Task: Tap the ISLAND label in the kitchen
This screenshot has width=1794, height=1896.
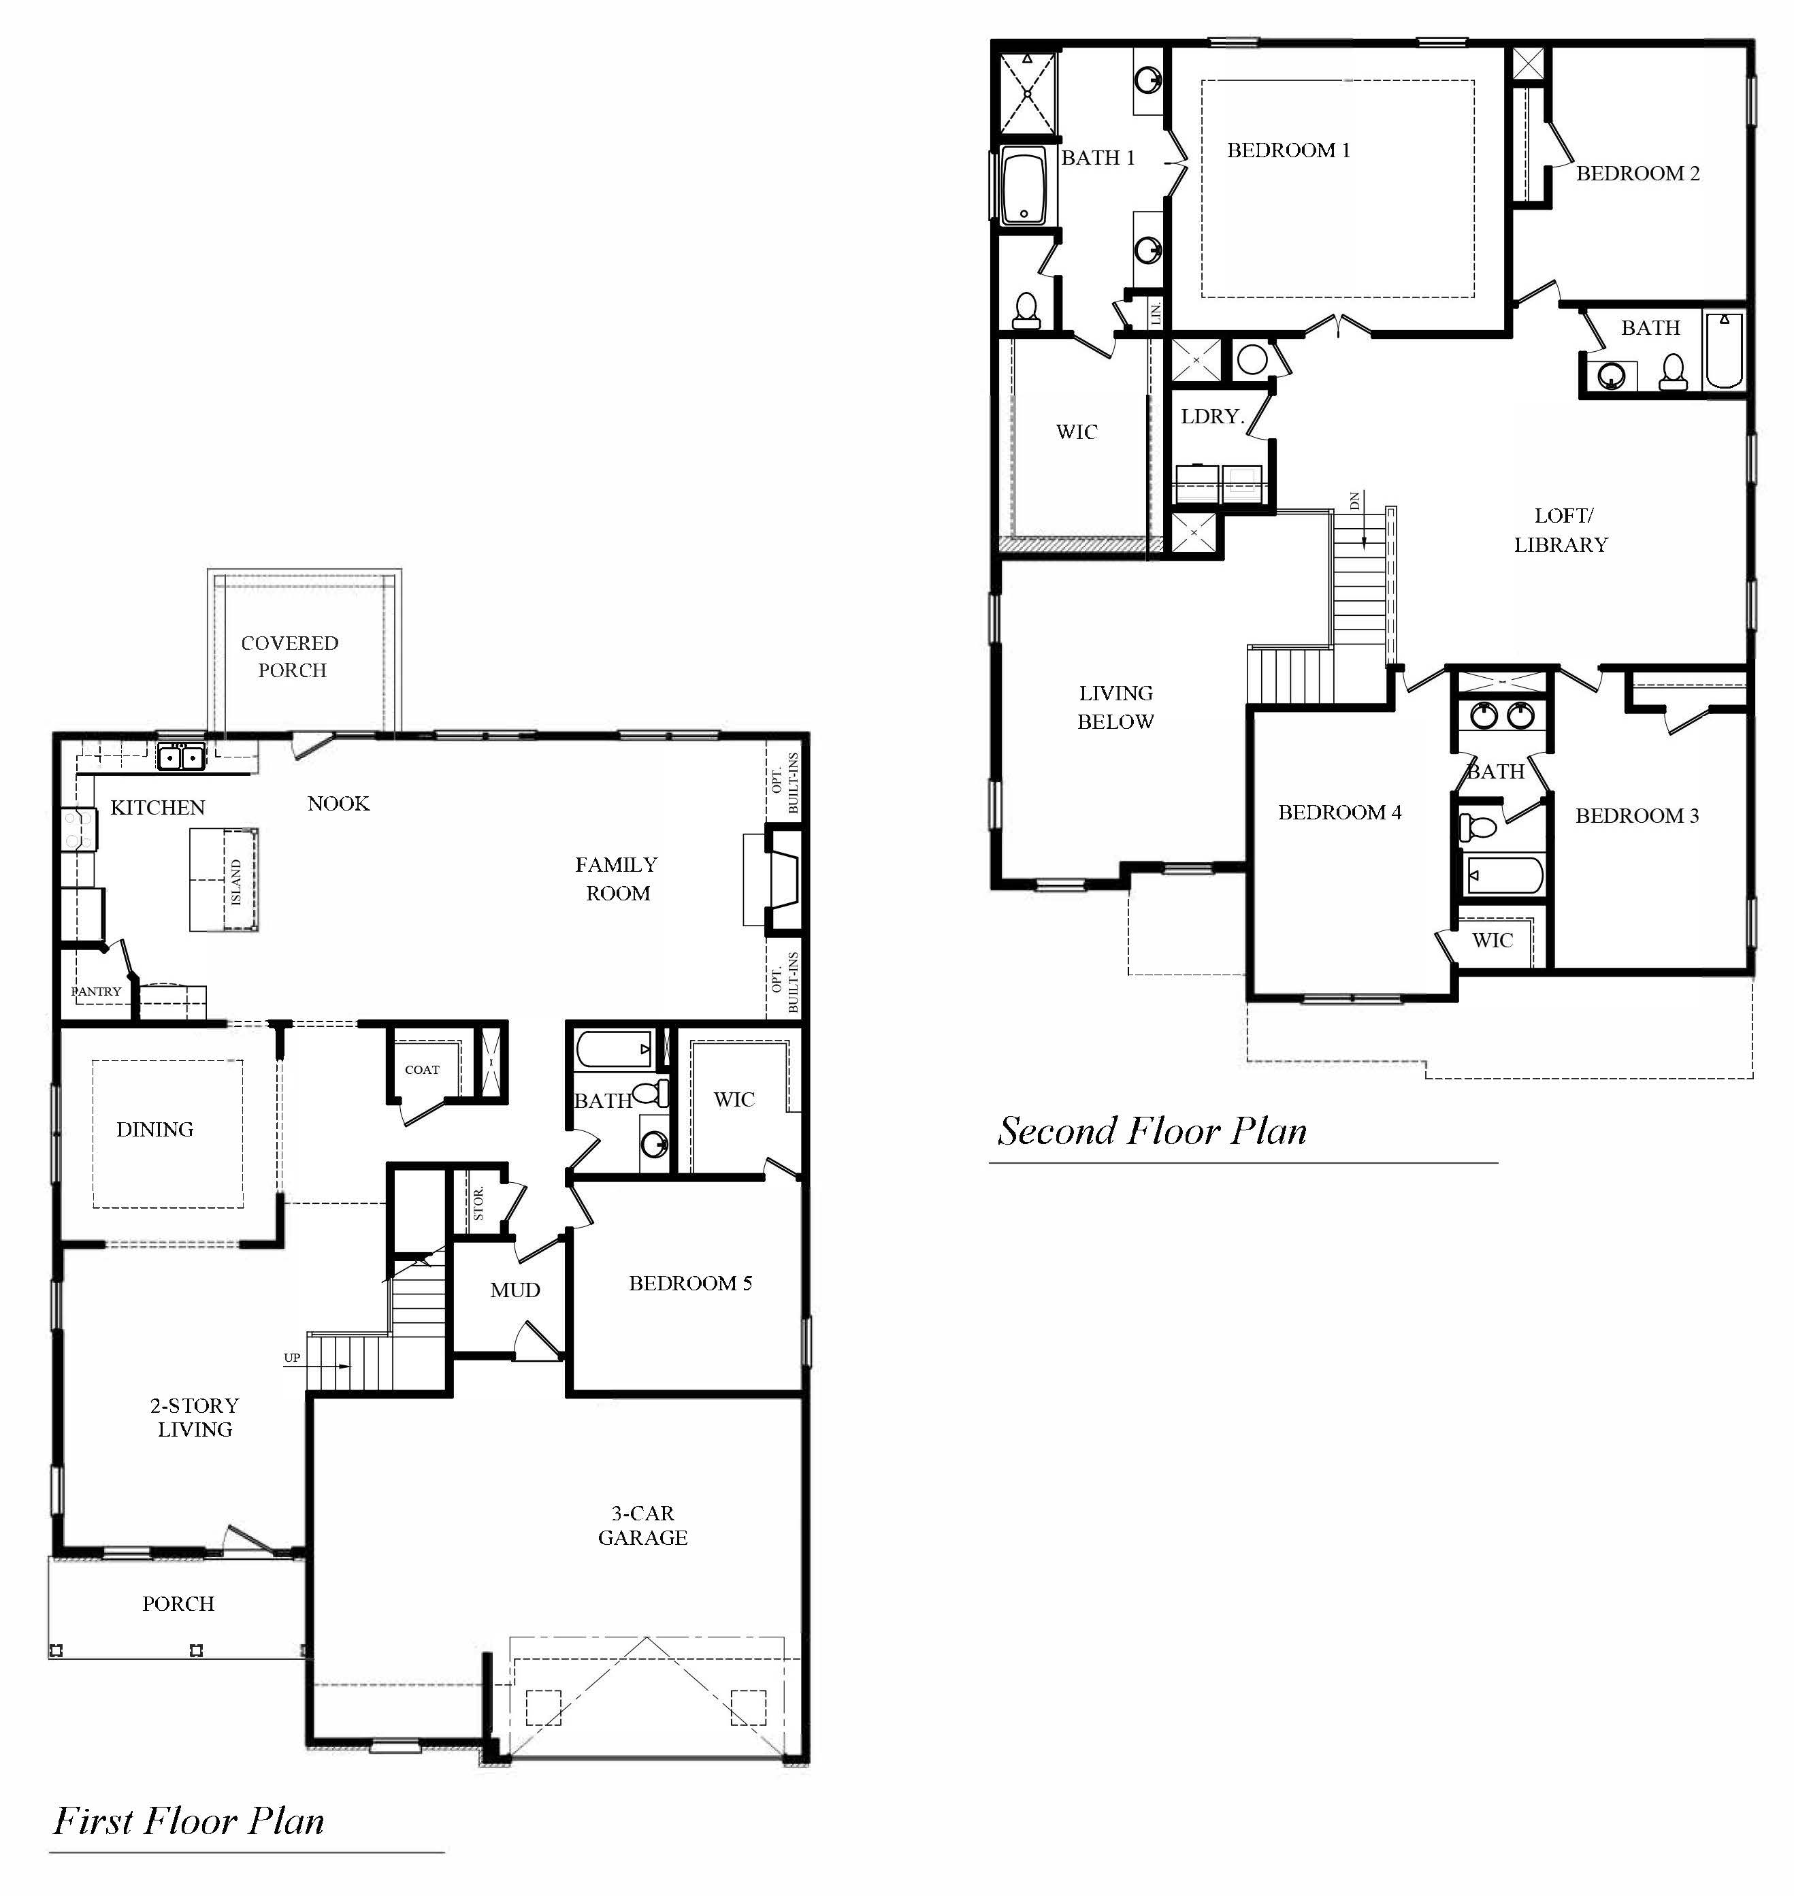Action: pos(236,881)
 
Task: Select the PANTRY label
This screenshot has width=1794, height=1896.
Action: pos(97,992)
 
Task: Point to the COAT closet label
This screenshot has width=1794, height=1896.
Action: pos(422,1069)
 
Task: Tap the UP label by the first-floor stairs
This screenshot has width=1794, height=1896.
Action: pos(292,1358)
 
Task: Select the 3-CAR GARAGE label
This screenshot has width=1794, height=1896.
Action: pos(642,1525)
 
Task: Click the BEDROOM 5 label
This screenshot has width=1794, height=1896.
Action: pos(690,1283)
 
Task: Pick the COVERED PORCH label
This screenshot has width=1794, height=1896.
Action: pos(291,657)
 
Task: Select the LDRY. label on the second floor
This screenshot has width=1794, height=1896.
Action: pos(1211,417)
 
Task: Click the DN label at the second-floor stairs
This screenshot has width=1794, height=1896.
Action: pos(1354,500)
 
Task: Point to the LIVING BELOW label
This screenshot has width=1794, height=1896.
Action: pos(1116,708)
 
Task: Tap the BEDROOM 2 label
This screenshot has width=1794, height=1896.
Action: pos(1638,173)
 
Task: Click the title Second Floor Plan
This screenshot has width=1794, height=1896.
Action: pos(1152,1130)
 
